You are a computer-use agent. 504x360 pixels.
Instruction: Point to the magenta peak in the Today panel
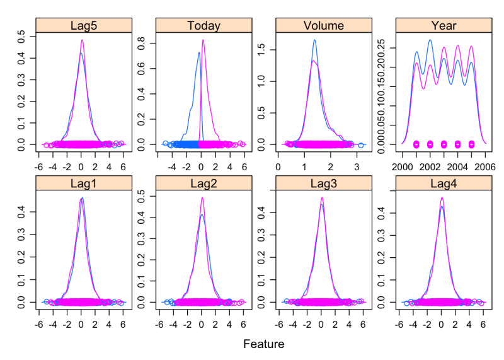coord(203,40)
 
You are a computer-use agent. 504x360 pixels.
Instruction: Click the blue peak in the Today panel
coord(198,52)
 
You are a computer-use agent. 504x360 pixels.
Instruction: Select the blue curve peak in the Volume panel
coord(314,40)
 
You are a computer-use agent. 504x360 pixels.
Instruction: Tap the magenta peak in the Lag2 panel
coord(202,198)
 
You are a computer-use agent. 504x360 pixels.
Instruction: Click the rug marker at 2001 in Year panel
coord(416,144)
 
